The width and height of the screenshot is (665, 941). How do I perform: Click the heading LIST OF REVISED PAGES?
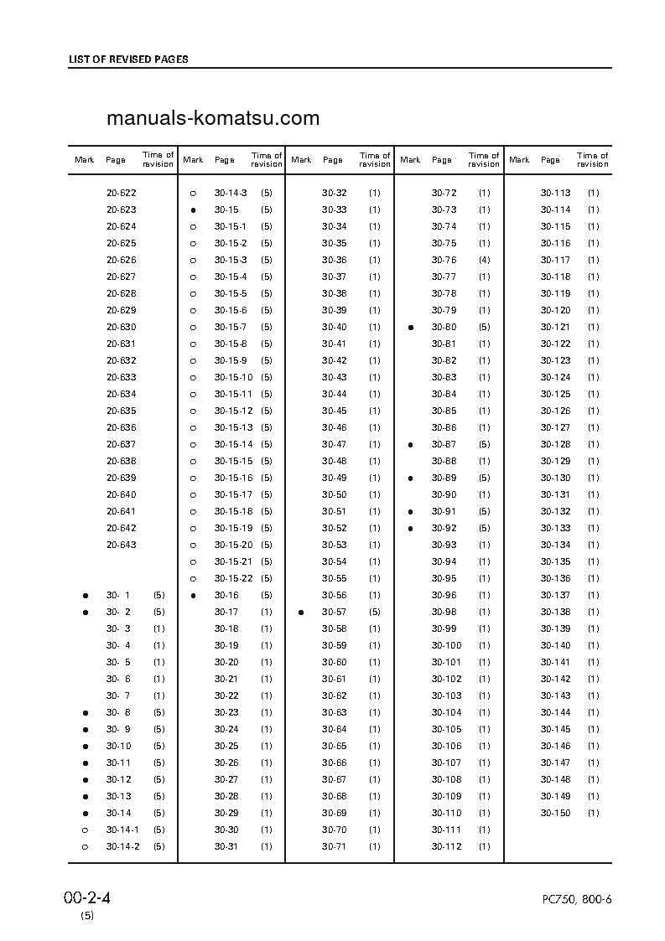click(x=128, y=59)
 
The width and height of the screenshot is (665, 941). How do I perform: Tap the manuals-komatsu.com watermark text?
click(x=213, y=118)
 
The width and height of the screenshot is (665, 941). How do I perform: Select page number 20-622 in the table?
click(x=122, y=193)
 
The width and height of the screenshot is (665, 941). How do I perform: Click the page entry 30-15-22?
click(x=233, y=578)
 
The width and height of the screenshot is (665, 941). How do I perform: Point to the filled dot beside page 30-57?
click(x=301, y=613)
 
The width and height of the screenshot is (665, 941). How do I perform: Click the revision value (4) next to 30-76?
click(x=484, y=260)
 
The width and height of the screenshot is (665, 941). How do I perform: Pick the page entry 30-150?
click(x=555, y=813)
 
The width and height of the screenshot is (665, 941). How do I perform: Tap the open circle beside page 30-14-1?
click(x=86, y=830)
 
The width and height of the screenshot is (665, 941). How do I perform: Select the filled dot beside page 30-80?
click(x=410, y=328)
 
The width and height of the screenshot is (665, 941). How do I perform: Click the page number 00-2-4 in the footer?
click(x=87, y=898)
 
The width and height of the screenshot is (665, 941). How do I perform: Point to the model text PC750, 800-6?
click(x=577, y=900)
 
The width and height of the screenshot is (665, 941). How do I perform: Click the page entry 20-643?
click(x=122, y=545)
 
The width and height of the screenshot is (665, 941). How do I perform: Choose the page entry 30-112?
click(x=447, y=846)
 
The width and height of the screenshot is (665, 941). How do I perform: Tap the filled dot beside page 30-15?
click(x=193, y=210)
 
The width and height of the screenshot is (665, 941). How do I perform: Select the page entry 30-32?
click(x=335, y=193)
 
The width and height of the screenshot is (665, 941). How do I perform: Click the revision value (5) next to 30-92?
click(x=484, y=528)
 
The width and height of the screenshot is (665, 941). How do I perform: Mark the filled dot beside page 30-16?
click(x=193, y=596)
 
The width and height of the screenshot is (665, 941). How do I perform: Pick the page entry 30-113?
click(x=555, y=193)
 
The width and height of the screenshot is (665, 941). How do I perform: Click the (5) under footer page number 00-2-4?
click(x=87, y=916)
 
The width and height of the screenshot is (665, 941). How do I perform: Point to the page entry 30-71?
click(x=335, y=846)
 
